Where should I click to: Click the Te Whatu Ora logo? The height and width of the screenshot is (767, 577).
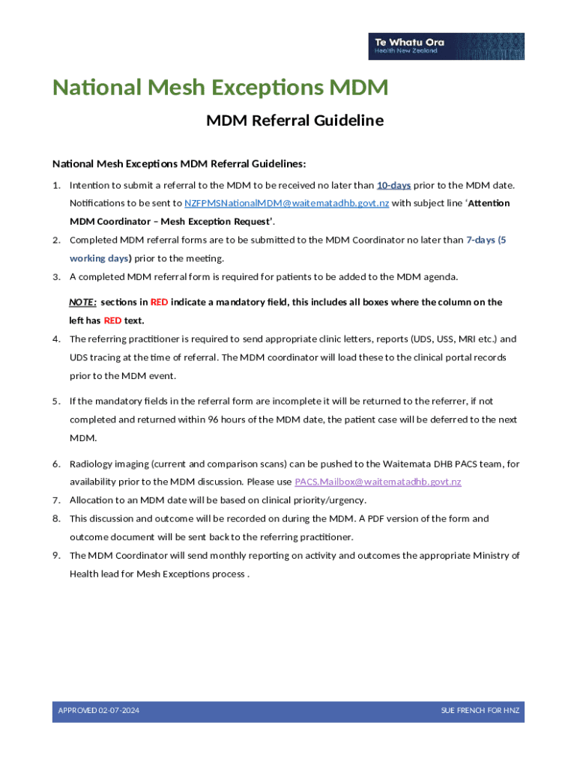pos(446,46)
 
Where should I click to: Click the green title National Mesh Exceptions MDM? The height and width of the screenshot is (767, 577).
pos(220,88)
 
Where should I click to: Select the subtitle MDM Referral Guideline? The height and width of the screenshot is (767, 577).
pos(294,121)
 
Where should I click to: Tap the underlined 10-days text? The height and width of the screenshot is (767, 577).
pos(393,185)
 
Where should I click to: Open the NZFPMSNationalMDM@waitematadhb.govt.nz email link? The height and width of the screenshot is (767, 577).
pos(286,203)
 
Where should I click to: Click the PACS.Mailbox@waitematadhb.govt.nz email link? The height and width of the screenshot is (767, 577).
pos(378,482)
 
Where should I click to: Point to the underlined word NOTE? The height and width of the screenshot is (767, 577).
pos(82,302)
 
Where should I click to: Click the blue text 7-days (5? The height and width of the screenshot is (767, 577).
pos(492,240)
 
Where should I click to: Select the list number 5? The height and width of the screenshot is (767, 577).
pos(56,401)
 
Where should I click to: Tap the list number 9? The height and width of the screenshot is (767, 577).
pos(56,556)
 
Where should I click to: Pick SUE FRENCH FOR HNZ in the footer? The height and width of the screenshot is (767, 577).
pos(480,710)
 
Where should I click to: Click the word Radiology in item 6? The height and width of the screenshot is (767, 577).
pos(94,464)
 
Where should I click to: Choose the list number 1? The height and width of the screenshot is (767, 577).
pos(56,185)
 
